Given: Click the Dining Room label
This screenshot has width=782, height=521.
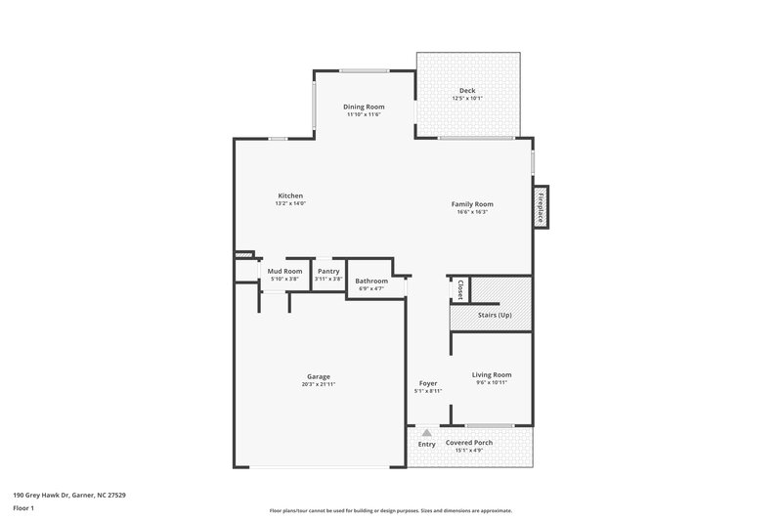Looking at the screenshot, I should tap(363, 107).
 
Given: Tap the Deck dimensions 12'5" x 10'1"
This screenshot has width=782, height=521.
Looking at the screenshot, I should tap(467, 99).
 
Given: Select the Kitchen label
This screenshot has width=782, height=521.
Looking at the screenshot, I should tap(290, 195).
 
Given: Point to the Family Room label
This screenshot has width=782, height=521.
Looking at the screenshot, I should tap(471, 204).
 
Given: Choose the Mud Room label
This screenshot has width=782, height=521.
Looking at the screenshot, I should tap(284, 271).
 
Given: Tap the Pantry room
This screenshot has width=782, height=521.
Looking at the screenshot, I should tap(328, 275).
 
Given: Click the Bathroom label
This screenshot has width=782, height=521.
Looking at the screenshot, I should tap(371, 281).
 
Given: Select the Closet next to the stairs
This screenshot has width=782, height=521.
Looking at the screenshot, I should tap(459, 290).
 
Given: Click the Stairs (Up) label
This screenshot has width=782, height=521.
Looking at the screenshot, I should tap(494, 315).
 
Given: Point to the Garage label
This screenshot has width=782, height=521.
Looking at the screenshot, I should tap(318, 376).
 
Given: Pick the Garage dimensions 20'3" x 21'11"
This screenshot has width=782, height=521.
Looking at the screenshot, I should tap(318, 384).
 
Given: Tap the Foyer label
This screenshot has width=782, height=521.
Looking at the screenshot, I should tap(428, 383).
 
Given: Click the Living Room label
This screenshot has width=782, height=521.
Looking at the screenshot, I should tap(492, 374).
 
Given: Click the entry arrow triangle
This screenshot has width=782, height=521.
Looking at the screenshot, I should tap(426, 431).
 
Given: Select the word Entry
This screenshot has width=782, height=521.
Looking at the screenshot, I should tap(427, 444).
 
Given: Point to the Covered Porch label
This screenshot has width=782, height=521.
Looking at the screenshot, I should tap(469, 443).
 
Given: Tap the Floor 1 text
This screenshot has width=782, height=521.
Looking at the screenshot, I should tap(24, 509).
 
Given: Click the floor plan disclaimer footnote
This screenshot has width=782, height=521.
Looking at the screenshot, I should tap(391, 510).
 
